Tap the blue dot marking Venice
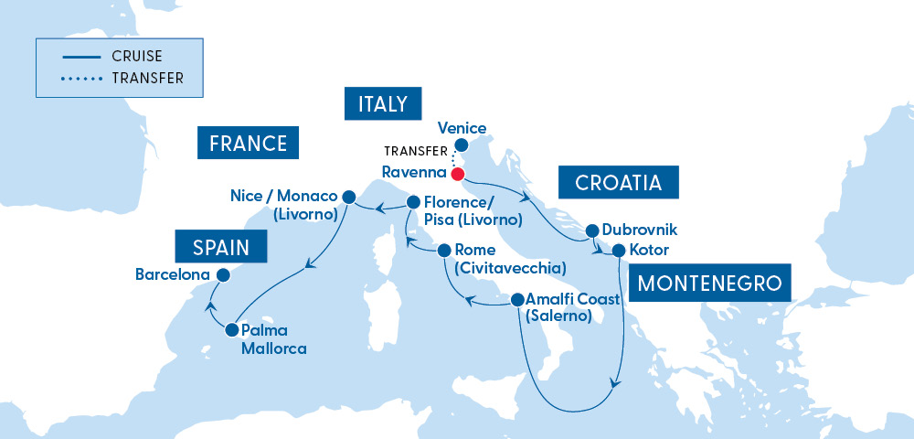pyautogui.click(x=462, y=145)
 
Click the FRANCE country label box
pyautogui.click(x=249, y=143)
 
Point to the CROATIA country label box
pyautogui.click(x=618, y=183)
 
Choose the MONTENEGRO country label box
pyautogui.click(x=709, y=283)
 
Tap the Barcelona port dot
pyautogui.click(x=221, y=273)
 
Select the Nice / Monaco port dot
pyautogui.click(x=348, y=196)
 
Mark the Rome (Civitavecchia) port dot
pyautogui.click(x=443, y=250)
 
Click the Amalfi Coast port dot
pyautogui.click(x=517, y=299)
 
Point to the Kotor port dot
pyautogui.click(x=619, y=250)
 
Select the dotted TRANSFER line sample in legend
pyautogui.click(x=81, y=79)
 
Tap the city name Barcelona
pyautogui.click(x=171, y=273)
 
